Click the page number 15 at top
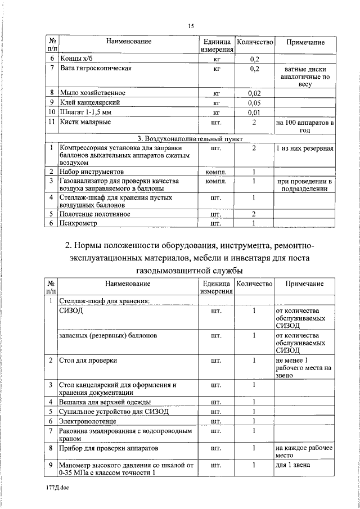pos(191,26)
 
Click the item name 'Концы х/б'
pos(77,58)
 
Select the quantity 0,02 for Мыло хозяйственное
pos(254,93)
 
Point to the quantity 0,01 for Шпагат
pos(254,112)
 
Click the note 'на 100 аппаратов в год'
pos(305,125)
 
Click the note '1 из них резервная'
pos(305,148)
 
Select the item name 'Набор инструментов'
pos(91,172)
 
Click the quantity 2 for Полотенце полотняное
pos(254,214)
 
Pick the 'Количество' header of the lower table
pos(254,283)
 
